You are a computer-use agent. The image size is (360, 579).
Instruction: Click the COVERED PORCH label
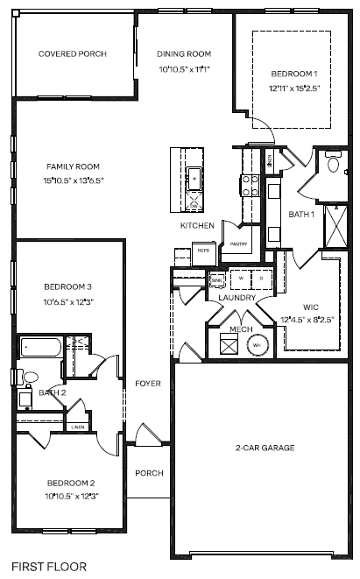(73, 53)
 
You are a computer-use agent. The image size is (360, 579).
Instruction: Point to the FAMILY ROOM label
(73, 166)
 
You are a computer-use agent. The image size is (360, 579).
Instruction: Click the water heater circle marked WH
(258, 345)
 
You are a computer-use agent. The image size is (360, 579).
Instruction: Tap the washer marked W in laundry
(240, 279)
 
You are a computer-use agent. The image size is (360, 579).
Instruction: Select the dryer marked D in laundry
(260, 279)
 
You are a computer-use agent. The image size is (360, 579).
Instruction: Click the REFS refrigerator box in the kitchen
(203, 251)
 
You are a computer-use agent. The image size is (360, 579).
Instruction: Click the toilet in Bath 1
(333, 164)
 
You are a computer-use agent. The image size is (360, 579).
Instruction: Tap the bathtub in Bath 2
(41, 349)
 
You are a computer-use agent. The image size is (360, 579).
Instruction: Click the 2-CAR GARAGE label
(265, 448)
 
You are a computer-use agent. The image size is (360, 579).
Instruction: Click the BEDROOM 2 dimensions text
(73, 496)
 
